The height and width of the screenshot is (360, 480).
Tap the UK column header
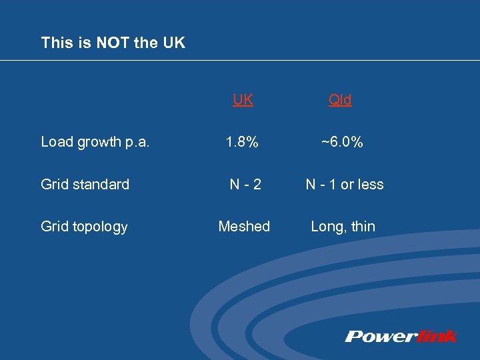coord(243,100)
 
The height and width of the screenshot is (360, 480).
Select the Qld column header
coord(340,100)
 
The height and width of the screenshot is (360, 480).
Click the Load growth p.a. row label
coord(95,141)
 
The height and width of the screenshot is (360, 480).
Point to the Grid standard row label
coord(85,184)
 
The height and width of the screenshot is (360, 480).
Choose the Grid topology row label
coord(84,227)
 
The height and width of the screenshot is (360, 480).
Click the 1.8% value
coord(241,141)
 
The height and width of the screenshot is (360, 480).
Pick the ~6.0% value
coord(342,141)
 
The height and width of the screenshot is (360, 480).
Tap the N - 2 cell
coord(244,184)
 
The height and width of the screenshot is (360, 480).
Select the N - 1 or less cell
coord(345,184)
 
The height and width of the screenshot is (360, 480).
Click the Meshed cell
coord(244,227)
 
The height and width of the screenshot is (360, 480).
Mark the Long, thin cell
coord(343,227)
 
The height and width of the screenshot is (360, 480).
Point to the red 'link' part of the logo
coord(435,336)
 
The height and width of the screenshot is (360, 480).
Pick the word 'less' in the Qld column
coord(370,184)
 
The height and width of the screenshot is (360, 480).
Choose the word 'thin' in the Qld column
coord(363,227)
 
